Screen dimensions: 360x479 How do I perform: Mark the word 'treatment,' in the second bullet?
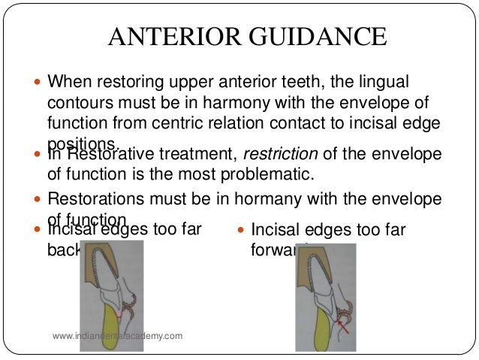(x=191, y=155)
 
